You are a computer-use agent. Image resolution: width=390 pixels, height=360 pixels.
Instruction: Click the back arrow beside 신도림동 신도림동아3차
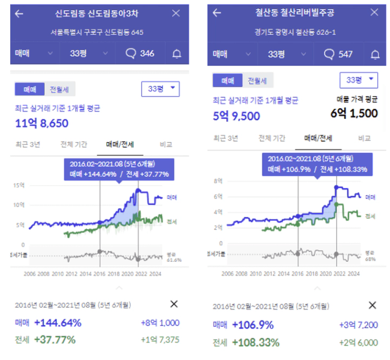(x=19, y=13)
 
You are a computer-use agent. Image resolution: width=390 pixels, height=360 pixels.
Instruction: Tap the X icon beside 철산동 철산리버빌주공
(x=374, y=13)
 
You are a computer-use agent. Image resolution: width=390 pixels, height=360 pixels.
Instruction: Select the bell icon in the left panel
(x=176, y=54)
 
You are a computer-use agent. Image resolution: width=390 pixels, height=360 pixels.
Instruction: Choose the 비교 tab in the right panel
(x=364, y=138)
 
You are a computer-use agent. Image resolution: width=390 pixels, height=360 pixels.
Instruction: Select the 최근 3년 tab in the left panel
(x=27, y=144)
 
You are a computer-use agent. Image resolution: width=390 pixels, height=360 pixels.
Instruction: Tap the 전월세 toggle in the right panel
(x=258, y=81)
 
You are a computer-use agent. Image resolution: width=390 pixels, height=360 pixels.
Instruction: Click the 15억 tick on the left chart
(x=20, y=185)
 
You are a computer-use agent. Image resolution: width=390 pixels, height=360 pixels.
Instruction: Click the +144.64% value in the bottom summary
(x=57, y=323)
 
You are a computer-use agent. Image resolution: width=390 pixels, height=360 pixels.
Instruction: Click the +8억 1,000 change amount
(x=160, y=323)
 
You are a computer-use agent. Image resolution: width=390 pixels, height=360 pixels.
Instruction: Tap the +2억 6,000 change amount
(x=357, y=342)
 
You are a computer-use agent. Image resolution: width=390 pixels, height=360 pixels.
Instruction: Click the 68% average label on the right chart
(x=370, y=259)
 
